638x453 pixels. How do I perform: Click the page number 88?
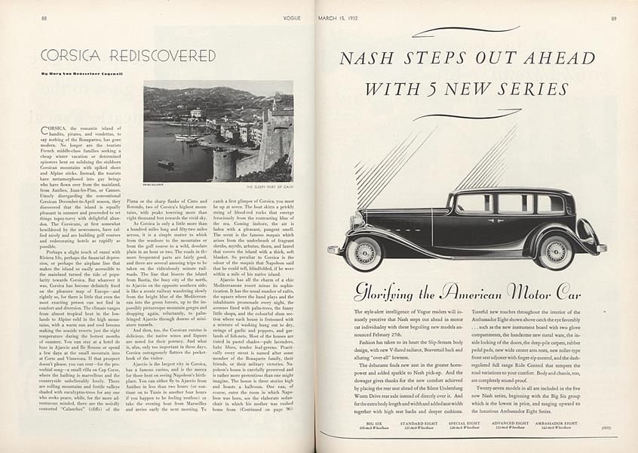[44, 17]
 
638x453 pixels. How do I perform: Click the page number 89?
[614, 17]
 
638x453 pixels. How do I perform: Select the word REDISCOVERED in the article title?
[163, 56]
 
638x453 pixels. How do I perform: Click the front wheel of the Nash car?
[363, 253]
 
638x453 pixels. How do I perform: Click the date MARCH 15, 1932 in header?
[338, 17]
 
